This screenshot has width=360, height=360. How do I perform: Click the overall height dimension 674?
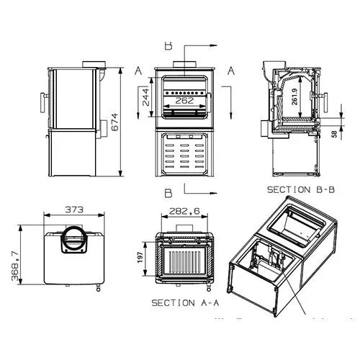(115, 125)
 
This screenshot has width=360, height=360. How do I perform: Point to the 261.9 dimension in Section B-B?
(296, 96)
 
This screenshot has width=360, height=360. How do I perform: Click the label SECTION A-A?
(184, 303)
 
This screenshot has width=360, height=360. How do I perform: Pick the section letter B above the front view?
(168, 45)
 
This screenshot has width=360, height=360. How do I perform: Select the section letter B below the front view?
(168, 194)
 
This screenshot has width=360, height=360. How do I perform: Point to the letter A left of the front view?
(137, 70)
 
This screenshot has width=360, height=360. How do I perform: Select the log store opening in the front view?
(185, 154)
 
